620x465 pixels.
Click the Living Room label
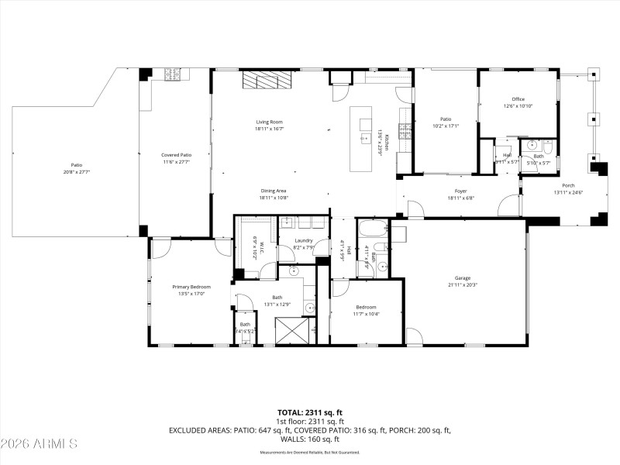pos(268,122)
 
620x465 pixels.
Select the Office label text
pos(518,99)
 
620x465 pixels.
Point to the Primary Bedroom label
pos(191,288)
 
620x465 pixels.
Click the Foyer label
pos(460,191)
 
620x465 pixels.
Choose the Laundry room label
pos(303,240)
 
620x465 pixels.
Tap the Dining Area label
pos(273,191)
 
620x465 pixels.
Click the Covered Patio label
pos(176,155)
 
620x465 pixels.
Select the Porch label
pos(568,186)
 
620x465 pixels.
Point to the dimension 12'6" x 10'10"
pos(518,105)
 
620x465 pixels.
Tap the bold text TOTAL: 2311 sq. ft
pos(310,412)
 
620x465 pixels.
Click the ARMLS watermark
pos(39,444)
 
